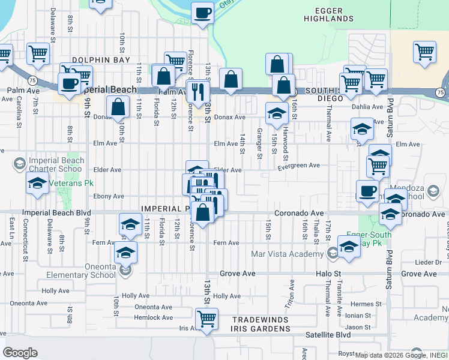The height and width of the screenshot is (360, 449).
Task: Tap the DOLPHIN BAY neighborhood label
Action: (x=97, y=60)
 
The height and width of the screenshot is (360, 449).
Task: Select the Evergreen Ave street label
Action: (x=298, y=166)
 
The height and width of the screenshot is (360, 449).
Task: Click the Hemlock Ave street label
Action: (x=154, y=318)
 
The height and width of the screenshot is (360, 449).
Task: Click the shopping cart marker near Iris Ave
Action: (x=206, y=318)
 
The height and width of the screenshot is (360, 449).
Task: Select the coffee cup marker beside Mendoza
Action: (x=367, y=191)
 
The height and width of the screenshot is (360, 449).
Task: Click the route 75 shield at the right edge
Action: (x=441, y=92)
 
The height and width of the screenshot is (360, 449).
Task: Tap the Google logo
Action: (x=20, y=353)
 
